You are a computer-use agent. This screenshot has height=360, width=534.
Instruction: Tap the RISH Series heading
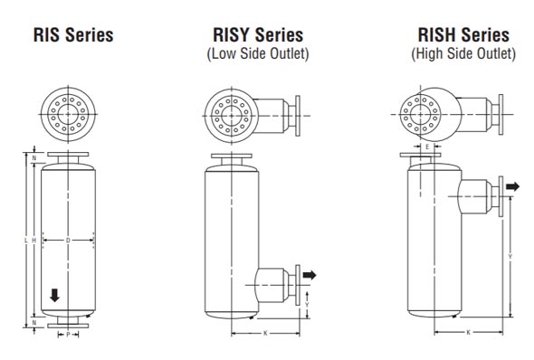coord(462,36)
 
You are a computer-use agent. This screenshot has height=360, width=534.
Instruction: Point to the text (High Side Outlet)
coord(462,54)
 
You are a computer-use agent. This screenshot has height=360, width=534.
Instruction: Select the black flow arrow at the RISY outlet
coord(310,273)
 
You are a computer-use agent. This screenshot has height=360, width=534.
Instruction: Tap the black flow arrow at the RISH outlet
coord(513,186)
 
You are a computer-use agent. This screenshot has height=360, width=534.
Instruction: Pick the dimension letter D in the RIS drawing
coord(68,240)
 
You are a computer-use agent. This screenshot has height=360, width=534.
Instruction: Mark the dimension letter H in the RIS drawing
coord(33,240)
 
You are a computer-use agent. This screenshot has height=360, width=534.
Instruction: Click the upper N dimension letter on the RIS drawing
coord(33,157)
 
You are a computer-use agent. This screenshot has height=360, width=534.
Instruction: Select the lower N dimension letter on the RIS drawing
coord(33,322)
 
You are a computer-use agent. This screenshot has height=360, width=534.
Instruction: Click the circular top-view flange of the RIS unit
coord(68,116)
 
